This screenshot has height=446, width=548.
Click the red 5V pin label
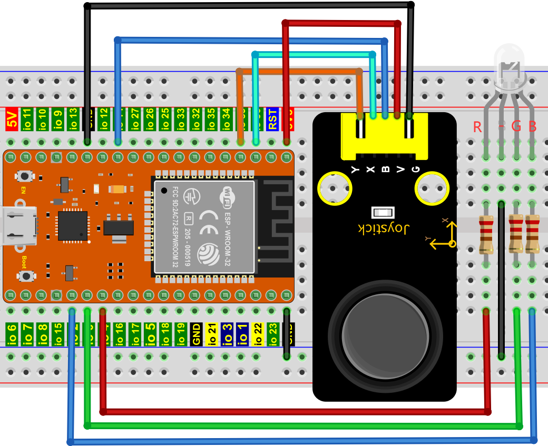point(12,120)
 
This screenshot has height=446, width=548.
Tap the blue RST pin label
point(272,119)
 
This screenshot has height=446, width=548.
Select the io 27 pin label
point(134,120)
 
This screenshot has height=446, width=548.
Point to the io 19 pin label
point(181,334)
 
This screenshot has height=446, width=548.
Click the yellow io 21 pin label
point(212,334)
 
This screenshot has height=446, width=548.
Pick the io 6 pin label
point(12,334)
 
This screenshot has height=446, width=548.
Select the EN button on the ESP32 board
point(23,176)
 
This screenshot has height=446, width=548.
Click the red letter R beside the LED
point(477,127)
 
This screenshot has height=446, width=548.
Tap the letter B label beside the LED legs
point(533,126)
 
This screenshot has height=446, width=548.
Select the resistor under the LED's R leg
point(486,234)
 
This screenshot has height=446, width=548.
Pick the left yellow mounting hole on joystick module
point(334,188)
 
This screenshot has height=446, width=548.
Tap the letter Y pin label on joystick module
point(355,169)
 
